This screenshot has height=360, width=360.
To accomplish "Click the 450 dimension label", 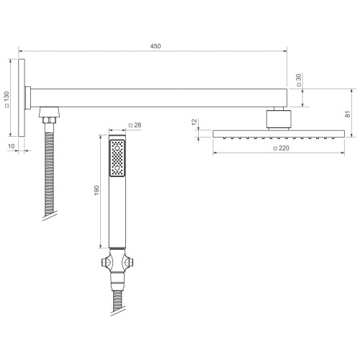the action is [156, 46].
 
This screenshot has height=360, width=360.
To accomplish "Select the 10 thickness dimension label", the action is [12, 146].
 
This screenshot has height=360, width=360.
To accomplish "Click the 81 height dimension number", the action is [348, 114].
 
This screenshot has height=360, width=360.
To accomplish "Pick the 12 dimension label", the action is [194, 122].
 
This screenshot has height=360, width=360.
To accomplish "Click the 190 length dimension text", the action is [96, 190].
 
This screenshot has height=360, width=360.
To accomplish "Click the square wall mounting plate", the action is [22, 98].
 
